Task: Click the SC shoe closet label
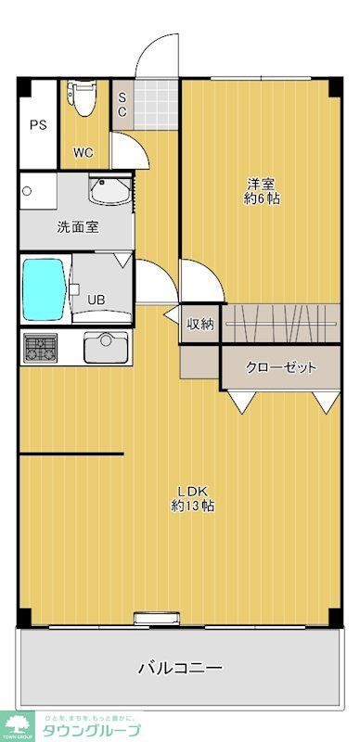click(122, 105)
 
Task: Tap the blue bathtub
click(43, 289)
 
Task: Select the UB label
click(96, 300)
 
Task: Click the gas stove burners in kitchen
click(40, 349)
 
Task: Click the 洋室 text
click(262, 183)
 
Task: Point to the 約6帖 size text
click(262, 199)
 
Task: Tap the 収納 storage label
click(200, 324)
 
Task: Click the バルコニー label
click(180, 668)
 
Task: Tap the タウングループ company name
click(89, 731)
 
